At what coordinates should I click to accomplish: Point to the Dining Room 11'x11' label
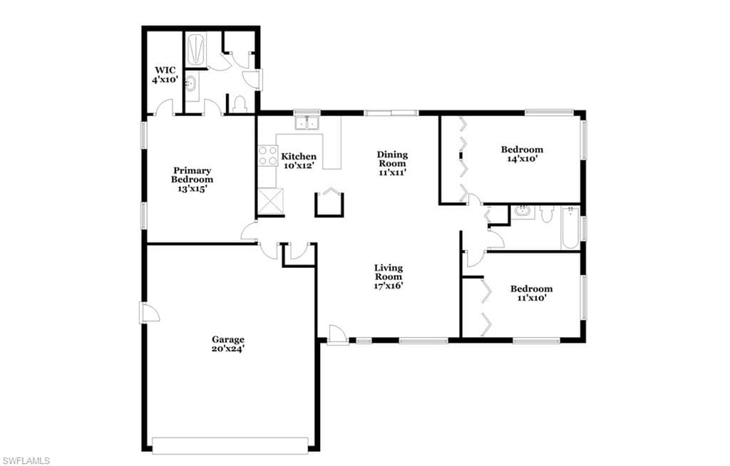coord(392,163)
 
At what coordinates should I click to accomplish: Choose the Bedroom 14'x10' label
coord(522,154)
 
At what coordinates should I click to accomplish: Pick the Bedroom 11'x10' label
coord(531,294)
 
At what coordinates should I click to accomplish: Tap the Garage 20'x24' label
coord(228,344)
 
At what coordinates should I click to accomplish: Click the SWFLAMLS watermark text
coord(26,460)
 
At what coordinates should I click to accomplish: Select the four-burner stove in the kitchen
coord(268,156)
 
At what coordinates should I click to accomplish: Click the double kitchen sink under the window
coord(307,123)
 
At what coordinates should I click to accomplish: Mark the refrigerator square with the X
coord(270,201)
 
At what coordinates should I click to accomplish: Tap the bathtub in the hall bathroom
coord(570,227)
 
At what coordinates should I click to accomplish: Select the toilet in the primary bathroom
coord(240,104)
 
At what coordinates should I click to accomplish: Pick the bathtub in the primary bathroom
coord(196,48)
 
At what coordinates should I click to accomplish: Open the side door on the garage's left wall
coord(149,312)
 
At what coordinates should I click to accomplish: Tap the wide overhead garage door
coord(230,445)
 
